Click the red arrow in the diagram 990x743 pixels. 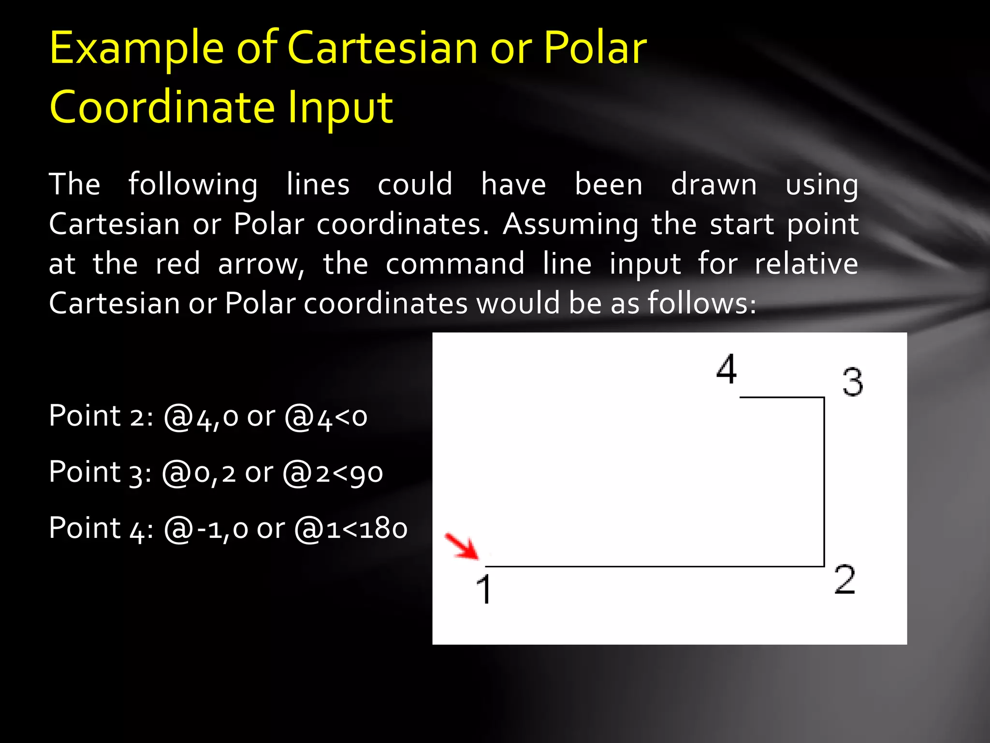(x=462, y=547)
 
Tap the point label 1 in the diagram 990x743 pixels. (x=484, y=589)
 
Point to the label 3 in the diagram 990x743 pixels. (x=852, y=382)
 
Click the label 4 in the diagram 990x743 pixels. (x=727, y=369)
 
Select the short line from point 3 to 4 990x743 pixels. (x=782, y=397)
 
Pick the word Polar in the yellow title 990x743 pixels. (x=595, y=48)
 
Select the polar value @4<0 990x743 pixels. (x=326, y=417)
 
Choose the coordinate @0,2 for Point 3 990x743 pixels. (x=199, y=473)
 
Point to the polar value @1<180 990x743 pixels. (x=351, y=529)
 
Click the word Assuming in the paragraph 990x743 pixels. (x=570, y=225)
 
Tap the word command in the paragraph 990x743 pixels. (x=455, y=264)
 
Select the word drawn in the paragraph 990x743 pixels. (x=713, y=185)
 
